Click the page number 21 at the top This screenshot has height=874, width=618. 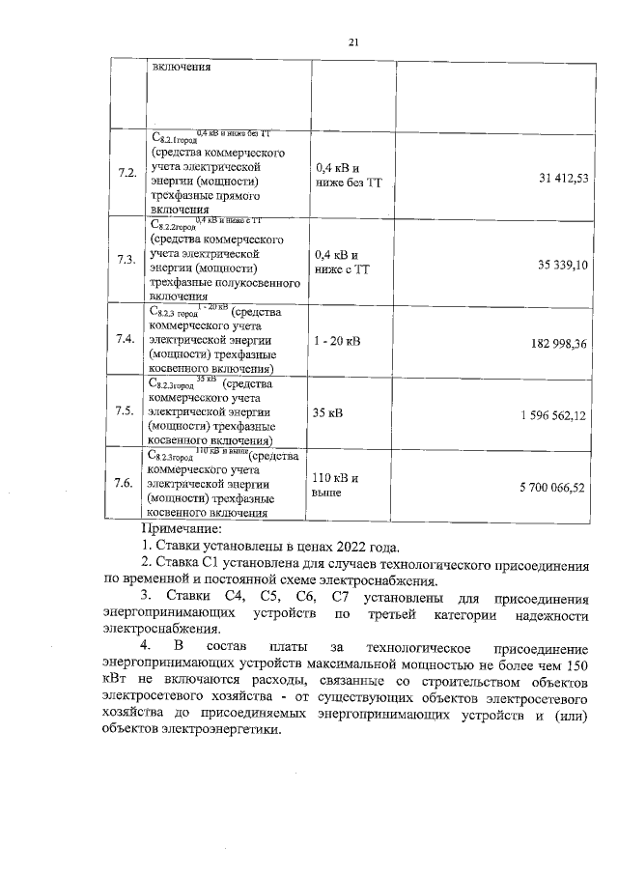pyautogui.click(x=353, y=42)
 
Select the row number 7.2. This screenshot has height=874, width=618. pyautogui.click(x=126, y=173)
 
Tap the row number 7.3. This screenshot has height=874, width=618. pyautogui.click(x=126, y=260)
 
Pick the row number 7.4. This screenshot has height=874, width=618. pyautogui.click(x=125, y=340)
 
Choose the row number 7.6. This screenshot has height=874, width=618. pyautogui.click(x=125, y=482)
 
